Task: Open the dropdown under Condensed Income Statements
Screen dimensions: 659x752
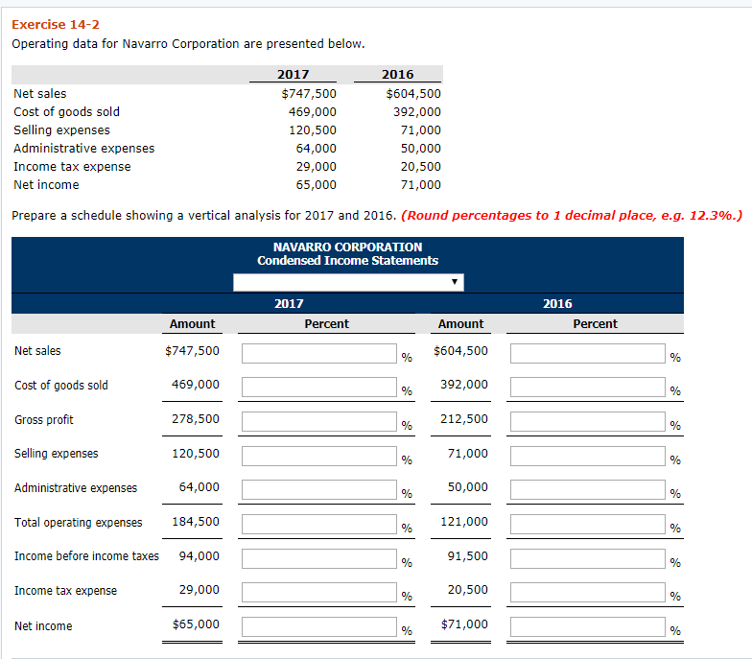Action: (348, 282)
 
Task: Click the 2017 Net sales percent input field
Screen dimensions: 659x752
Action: (318, 354)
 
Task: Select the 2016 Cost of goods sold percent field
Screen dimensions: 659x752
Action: (587, 388)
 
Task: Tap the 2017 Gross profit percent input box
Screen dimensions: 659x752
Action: (318, 422)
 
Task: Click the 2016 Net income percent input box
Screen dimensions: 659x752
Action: (587, 627)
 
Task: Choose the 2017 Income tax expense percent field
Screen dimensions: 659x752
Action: (318, 593)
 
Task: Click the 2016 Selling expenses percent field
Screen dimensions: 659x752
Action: (587, 456)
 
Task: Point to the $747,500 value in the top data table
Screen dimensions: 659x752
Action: (308, 94)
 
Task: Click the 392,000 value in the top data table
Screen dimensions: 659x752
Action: (416, 112)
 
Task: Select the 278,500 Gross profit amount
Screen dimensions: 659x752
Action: (195, 419)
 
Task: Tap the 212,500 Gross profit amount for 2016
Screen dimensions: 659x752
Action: (463, 419)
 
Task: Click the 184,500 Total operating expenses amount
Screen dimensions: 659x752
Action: (195, 522)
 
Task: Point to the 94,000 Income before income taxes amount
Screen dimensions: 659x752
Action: (199, 556)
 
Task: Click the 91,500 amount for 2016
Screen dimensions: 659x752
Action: (467, 556)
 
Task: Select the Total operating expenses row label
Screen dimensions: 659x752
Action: (79, 523)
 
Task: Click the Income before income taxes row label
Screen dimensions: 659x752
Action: (87, 556)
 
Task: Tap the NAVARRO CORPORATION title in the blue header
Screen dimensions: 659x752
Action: (347, 247)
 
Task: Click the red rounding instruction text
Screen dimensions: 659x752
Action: (574, 215)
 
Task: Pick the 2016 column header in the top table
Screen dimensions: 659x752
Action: (397, 75)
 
